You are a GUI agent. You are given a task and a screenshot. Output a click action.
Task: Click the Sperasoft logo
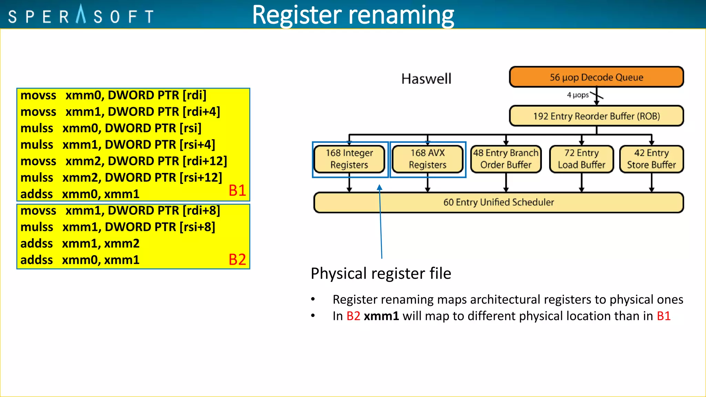pos(81,15)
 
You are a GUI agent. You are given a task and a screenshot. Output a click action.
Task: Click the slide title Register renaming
pos(353,15)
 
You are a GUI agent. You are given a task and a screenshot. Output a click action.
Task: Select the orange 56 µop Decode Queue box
pos(596,77)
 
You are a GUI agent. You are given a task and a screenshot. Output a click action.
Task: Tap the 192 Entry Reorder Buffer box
pos(596,116)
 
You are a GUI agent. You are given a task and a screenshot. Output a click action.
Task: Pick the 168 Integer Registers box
pos(349,159)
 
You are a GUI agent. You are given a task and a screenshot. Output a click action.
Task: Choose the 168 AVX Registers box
pos(427,159)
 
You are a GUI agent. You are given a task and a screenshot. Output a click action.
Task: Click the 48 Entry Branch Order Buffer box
pos(506,159)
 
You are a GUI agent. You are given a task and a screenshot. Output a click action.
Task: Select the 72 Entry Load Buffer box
pos(582,159)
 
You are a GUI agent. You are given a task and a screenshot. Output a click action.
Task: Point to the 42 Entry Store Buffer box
pos(651,159)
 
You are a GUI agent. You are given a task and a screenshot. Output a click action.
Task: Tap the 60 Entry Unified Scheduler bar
pos(498,202)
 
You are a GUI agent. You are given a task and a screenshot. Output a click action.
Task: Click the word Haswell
pos(426,79)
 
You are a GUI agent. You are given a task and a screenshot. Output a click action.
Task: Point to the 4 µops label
pos(578,95)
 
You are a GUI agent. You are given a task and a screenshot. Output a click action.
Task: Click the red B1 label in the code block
pos(237,191)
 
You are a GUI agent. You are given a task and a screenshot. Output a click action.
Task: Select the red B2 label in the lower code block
pos(237,259)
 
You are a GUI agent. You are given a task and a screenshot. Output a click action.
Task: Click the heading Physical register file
pos(381,274)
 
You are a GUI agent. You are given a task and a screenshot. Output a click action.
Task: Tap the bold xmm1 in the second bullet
pos(381,316)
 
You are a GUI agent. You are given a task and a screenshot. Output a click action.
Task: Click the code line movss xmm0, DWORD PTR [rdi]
pos(113,95)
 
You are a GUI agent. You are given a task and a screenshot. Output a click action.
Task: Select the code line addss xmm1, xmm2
pos(80,244)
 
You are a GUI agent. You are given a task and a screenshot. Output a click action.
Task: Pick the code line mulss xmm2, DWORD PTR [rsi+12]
pos(121,178)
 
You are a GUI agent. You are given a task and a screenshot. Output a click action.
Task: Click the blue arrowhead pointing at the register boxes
pos(380,187)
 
